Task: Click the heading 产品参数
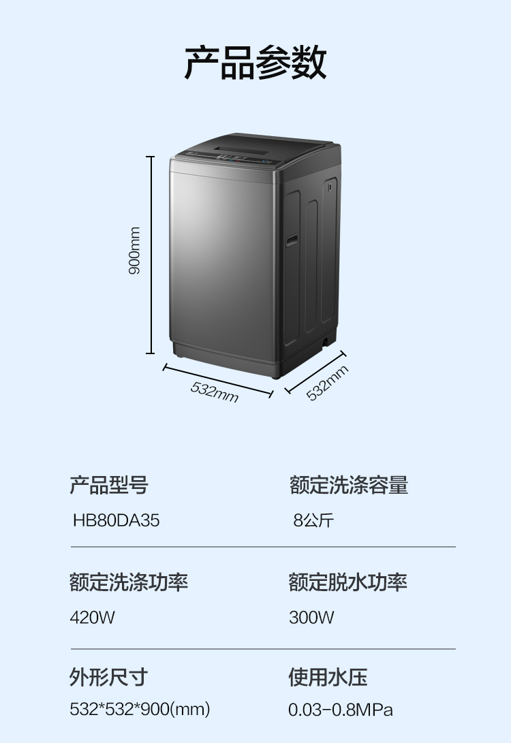(x=255, y=63)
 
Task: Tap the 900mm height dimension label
(x=135, y=251)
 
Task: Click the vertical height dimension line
(x=151, y=255)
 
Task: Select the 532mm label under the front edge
(x=215, y=392)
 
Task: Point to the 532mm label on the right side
(x=327, y=383)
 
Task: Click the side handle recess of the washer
(x=292, y=239)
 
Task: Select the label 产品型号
(x=109, y=486)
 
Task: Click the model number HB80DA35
(x=116, y=521)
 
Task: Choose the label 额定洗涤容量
(x=348, y=486)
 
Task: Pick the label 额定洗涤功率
(x=129, y=582)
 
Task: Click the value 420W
(x=93, y=618)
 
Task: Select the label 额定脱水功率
(x=348, y=582)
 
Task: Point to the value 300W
(x=311, y=618)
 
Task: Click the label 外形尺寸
(x=109, y=677)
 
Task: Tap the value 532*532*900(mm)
(x=140, y=710)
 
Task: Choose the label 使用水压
(x=328, y=677)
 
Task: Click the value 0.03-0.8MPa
(x=341, y=710)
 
